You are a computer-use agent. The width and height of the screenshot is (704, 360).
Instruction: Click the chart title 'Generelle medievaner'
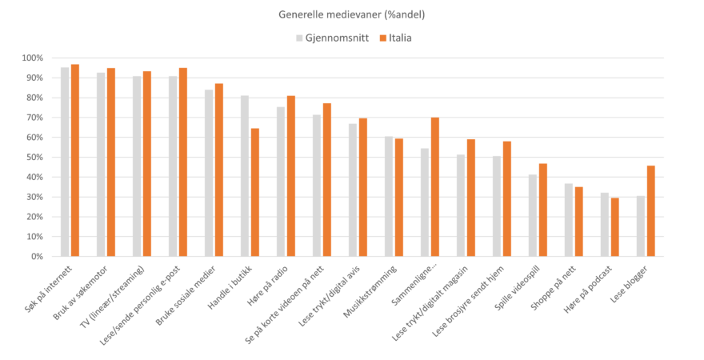(x=351, y=14)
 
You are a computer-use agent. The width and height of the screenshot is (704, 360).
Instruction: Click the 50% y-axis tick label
(x=34, y=158)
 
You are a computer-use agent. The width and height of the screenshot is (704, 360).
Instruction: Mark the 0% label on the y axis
(x=37, y=257)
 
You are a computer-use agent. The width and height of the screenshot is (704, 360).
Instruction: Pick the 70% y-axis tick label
(x=34, y=118)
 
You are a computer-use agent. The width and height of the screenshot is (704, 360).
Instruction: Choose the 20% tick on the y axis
(x=34, y=217)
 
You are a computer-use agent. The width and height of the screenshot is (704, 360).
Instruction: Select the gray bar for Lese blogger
(x=641, y=226)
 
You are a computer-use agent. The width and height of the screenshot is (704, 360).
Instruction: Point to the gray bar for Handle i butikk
(x=245, y=176)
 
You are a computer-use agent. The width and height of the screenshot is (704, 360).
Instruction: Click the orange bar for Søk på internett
(x=75, y=160)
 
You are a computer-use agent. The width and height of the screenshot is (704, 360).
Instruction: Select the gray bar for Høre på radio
(x=281, y=182)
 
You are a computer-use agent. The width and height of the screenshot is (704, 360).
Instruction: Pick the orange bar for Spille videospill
(x=543, y=210)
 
